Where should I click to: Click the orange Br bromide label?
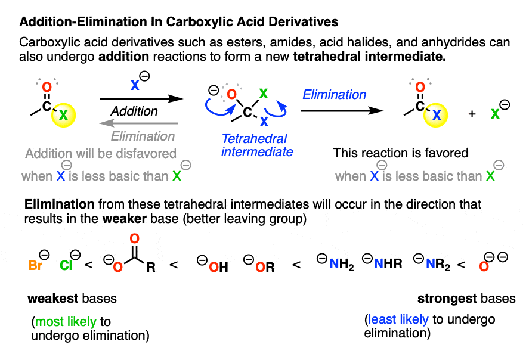point(36,265)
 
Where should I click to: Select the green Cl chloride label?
point(66,265)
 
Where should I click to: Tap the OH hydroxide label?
point(218,267)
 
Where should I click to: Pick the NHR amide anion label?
point(388,264)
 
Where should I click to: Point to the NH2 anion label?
point(342,265)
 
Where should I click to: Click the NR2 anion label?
point(438,265)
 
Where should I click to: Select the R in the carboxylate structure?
point(151,267)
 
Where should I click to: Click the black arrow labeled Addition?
point(141,98)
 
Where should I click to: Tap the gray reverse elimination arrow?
point(139,123)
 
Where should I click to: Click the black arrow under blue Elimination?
point(342,111)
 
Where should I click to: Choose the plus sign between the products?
point(472,114)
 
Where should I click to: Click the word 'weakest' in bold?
point(53,299)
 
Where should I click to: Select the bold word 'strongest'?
point(443,299)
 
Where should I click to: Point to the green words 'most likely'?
point(66,322)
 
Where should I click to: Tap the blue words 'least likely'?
point(398,319)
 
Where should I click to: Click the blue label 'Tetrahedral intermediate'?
point(257,145)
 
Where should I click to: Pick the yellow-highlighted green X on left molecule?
point(63,115)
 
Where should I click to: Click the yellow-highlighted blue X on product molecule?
point(436,115)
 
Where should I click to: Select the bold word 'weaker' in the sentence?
point(125,219)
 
